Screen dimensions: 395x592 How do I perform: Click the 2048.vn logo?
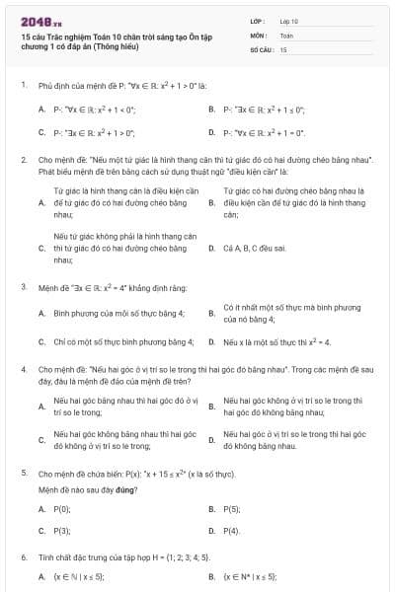tap(40, 21)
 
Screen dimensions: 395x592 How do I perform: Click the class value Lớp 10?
tap(288, 20)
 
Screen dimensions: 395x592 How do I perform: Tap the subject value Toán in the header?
tap(286, 35)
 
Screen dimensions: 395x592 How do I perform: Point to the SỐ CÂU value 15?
tap(283, 48)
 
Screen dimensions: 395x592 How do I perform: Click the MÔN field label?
tap(258, 35)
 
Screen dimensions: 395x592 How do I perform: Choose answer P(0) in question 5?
tap(61, 509)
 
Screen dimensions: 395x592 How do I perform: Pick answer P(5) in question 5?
tap(232, 509)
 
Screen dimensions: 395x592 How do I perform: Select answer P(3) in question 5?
tap(61, 531)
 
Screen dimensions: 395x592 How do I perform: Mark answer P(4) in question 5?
tap(232, 531)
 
